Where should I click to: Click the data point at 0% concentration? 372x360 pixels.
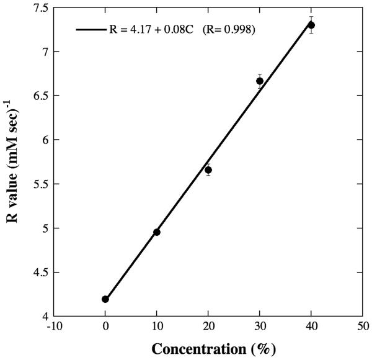105,299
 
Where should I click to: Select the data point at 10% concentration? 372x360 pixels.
157,232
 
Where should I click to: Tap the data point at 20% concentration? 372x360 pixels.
208,170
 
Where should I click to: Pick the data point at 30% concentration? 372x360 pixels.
260,81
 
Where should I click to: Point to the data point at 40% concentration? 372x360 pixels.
311,25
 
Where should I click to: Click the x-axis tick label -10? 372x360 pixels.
53,326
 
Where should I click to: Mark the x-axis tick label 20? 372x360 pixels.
208,326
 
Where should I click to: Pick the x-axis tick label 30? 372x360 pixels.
260,326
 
